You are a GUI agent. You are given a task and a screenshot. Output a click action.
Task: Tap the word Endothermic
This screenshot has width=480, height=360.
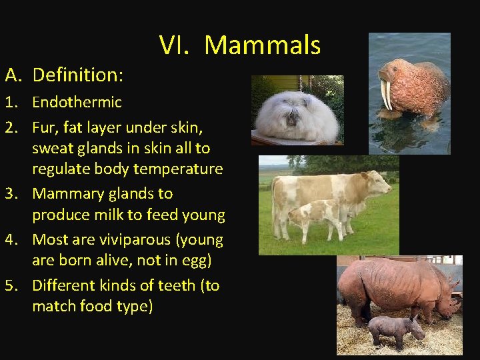(77, 102)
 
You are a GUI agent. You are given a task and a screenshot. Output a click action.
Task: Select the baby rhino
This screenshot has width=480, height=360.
(395, 329)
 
